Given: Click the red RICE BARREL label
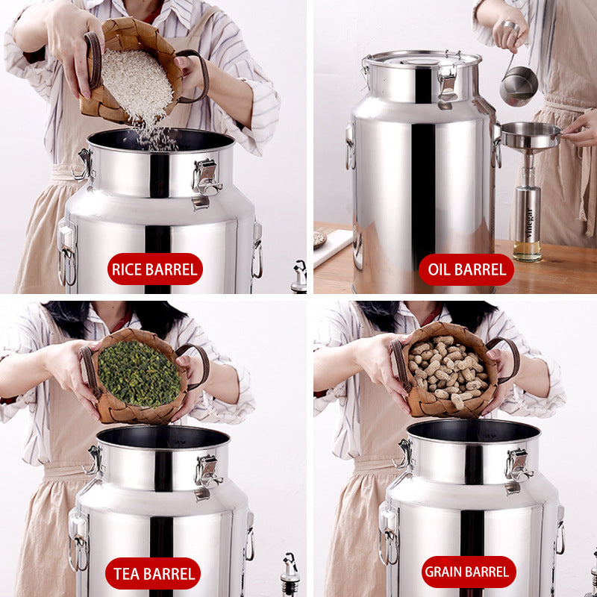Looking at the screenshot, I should (x=154, y=269).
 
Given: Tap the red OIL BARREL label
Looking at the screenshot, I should (x=466, y=269).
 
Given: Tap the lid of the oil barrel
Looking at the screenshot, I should (x=422, y=59).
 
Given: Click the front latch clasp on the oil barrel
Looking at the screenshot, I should (x=448, y=81).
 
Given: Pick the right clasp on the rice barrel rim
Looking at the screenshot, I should (x=206, y=178).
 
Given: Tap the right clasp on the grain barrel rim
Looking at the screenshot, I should (x=517, y=466).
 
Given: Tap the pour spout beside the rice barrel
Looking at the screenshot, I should (x=299, y=275).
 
